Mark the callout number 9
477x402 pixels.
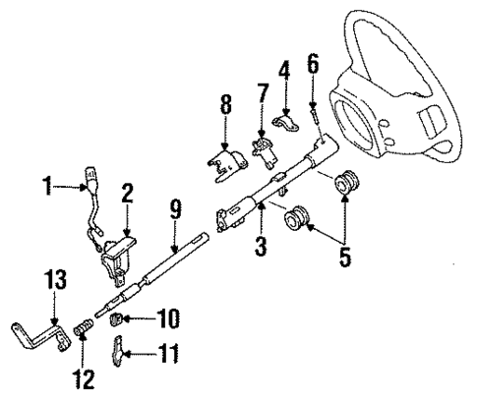(x=174, y=208)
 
